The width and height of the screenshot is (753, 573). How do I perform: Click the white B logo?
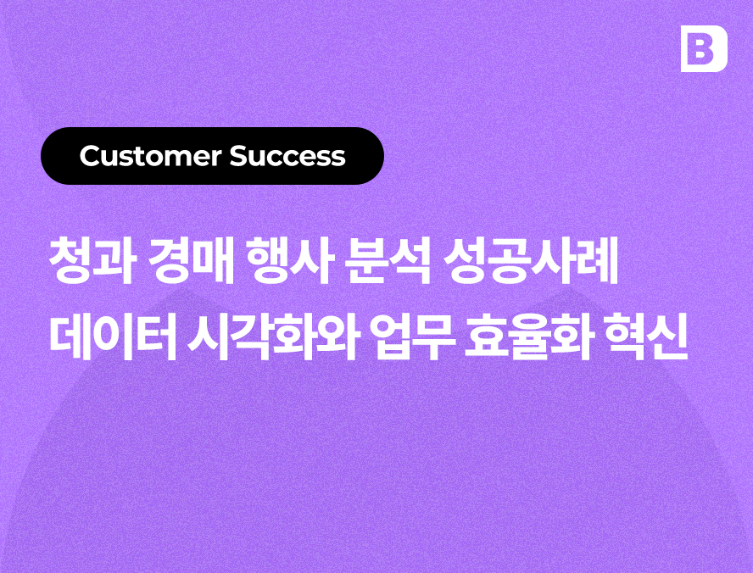coord(704,48)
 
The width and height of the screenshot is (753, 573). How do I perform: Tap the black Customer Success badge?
coord(212,156)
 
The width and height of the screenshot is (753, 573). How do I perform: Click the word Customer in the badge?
coord(151,156)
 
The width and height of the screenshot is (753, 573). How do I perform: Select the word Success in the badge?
coord(287,156)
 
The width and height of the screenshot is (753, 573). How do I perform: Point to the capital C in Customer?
coord(90,156)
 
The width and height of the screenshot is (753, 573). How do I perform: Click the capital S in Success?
coord(237,156)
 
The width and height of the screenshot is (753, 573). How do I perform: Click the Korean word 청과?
coord(90,262)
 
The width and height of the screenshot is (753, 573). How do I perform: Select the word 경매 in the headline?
coord(191,262)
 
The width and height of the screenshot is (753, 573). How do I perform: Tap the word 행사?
coord(289,262)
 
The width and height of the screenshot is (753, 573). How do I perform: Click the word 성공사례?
coord(531,262)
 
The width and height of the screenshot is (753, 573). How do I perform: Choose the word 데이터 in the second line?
coord(113,337)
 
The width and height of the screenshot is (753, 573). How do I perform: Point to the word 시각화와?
coord(272,337)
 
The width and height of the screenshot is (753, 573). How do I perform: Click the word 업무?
coord(412,337)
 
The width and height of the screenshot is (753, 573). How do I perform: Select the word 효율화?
coord(527,337)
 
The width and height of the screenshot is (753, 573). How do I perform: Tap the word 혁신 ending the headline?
coord(646,337)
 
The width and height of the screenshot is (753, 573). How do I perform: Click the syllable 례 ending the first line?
coord(598,262)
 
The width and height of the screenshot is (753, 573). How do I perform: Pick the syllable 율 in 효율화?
coord(527,337)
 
